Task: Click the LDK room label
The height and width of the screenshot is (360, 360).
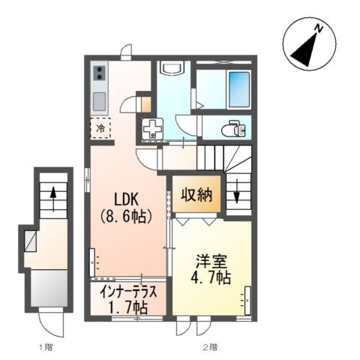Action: (126, 199)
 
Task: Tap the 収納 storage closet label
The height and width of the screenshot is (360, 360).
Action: (196, 194)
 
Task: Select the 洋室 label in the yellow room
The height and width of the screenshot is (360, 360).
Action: (211, 262)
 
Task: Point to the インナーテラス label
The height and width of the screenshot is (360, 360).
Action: (128, 292)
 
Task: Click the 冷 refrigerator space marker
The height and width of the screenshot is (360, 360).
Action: (100, 128)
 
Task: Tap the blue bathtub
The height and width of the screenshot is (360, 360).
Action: (239, 89)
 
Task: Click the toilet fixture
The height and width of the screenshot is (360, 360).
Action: (233, 129)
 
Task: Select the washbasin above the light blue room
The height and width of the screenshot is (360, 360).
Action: (173, 67)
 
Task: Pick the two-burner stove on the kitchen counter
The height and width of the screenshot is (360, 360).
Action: (100, 73)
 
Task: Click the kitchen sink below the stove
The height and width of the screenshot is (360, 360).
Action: (99, 101)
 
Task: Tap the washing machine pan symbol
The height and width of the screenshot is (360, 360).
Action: (152, 128)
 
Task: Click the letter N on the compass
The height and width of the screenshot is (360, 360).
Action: (319, 28)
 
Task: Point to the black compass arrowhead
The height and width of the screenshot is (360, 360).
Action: (304, 50)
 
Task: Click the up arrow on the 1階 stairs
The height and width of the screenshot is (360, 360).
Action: (53, 199)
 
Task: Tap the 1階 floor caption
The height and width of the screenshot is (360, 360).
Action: (46, 347)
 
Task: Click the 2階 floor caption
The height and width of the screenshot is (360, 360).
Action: (210, 347)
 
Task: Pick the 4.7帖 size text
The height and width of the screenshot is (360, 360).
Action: (211, 277)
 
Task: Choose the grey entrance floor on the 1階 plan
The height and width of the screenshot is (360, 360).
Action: (49, 288)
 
